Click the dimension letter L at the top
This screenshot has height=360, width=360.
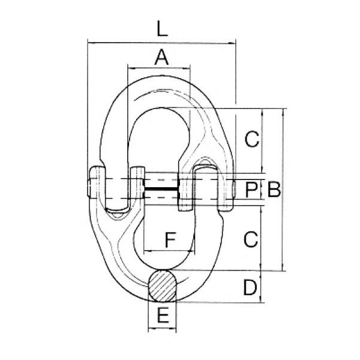(x=162, y=28)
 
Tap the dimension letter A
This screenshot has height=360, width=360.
(x=161, y=57)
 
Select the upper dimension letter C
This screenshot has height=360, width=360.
(x=251, y=139)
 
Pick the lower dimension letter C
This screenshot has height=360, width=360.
(x=251, y=239)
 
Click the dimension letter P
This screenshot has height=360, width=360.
(x=251, y=190)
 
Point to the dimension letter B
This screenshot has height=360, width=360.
(x=274, y=190)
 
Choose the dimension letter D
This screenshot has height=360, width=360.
(x=250, y=287)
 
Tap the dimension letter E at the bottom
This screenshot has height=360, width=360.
(x=163, y=315)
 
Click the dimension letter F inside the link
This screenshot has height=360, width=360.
(x=170, y=240)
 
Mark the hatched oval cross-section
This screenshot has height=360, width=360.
(x=163, y=286)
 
